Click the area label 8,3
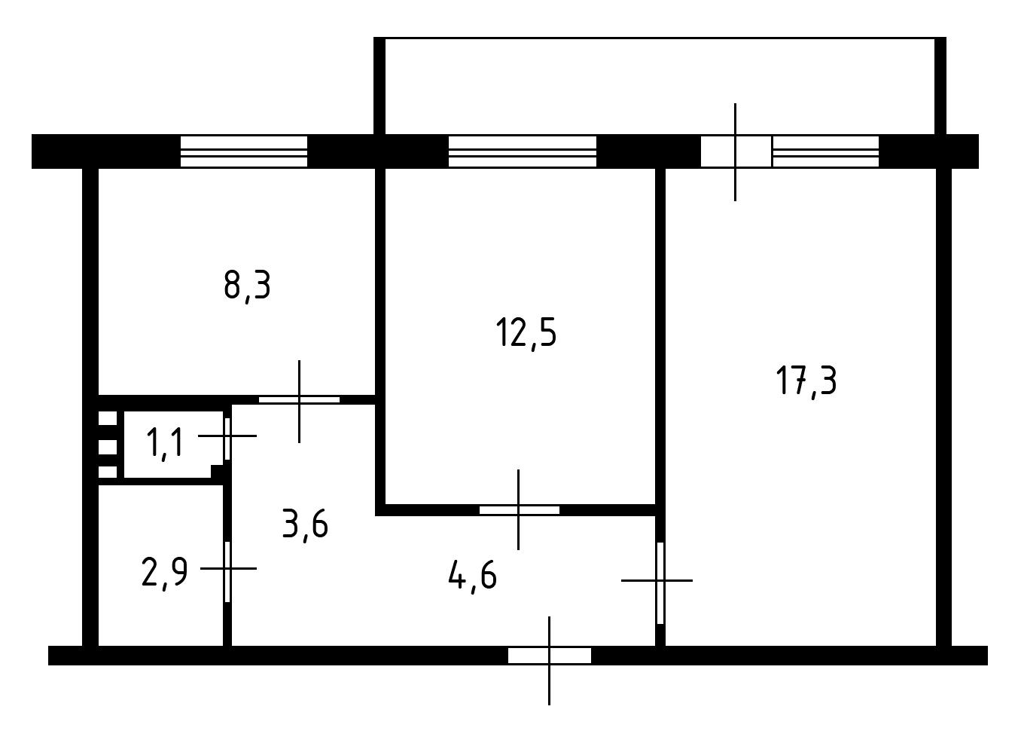pyautogui.click(x=247, y=286)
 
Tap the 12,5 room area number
pyautogui.click(x=526, y=333)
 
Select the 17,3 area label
pyautogui.click(x=806, y=381)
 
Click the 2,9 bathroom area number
pyautogui.click(x=164, y=573)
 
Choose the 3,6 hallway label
pyautogui.click(x=305, y=525)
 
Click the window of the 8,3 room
pyautogui.click(x=244, y=151)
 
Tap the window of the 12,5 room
pyautogui.click(x=523, y=151)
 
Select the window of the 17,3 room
pyautogui.click(x=825, y=151)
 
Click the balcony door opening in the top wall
pyautogui.click(x=736, y=151)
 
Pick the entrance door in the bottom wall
pyautogui.click(x=550, y=656)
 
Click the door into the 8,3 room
pyautogui.click(x=299, y=400)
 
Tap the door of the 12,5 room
pyautogui.click(x=519, y=510)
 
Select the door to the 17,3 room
pyautogui.click(x=660, y=583)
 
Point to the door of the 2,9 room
pyautogui.click(x=227, y=571)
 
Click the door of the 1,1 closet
pyautogui.click(x=227, y=439)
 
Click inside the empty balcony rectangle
pyautogui.click(x=660, y=87)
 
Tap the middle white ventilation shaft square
pyautogui.click(x=108, y=446)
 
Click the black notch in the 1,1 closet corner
pyautogui.click(x=217, y=471)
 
